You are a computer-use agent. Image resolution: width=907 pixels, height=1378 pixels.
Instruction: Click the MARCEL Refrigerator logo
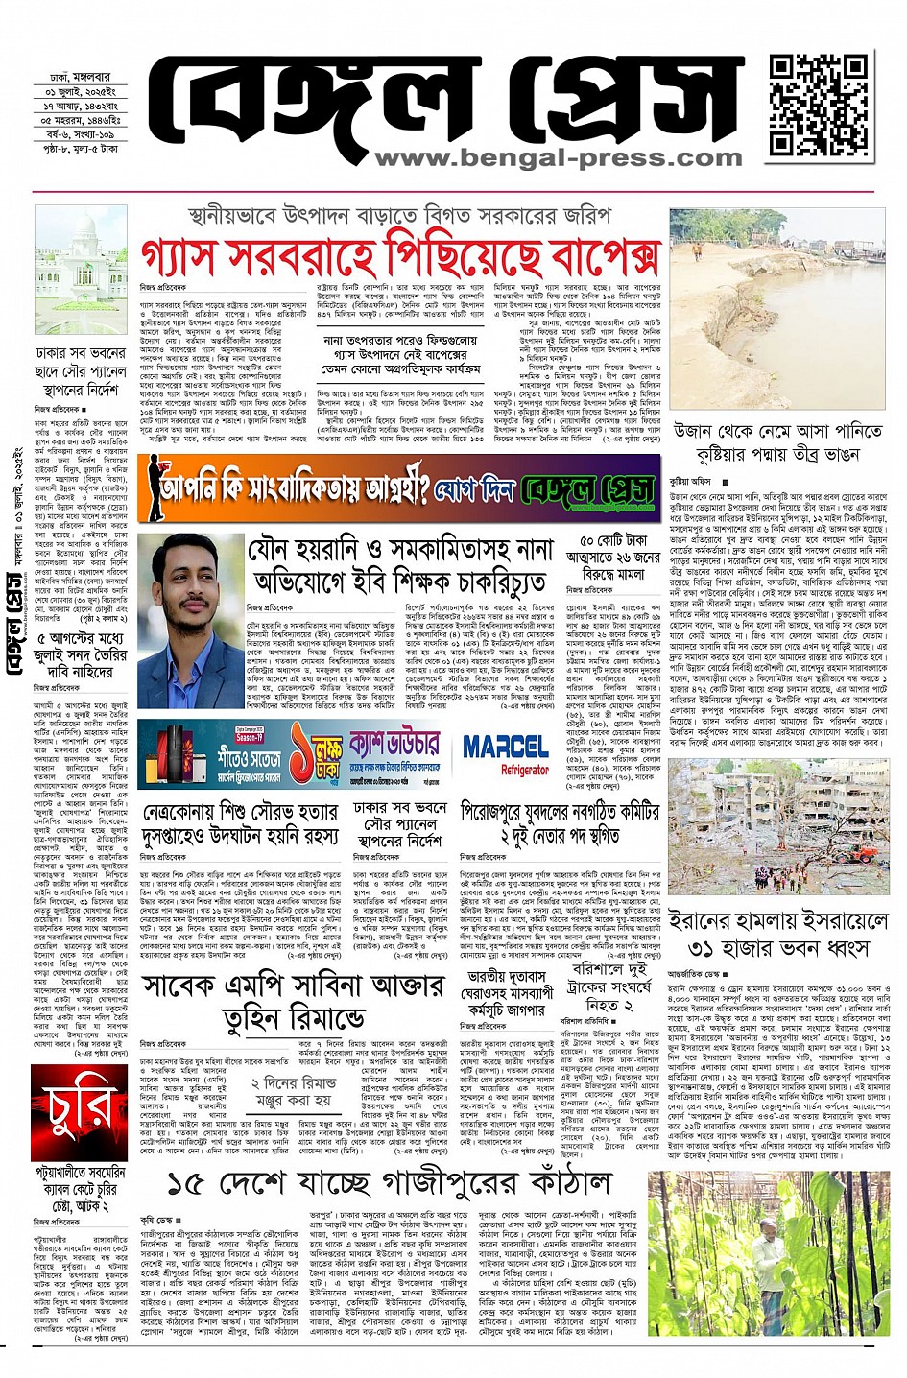pyautogui.click(x=506, y=752)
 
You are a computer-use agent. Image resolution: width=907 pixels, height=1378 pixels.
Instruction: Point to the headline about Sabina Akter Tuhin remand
pyautogui.click(x=293, y=1002)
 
